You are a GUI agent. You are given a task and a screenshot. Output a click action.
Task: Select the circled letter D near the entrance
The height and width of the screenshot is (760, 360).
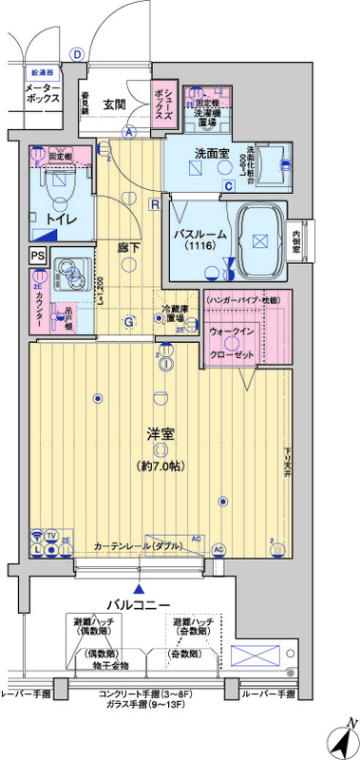point(77,53)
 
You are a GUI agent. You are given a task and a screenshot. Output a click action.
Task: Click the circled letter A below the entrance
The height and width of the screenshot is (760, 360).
point(127,133)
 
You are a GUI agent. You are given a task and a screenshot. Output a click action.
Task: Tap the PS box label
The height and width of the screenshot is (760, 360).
point(37,256)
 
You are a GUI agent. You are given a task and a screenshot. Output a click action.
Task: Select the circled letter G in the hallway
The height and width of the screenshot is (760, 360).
point(128,321)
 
